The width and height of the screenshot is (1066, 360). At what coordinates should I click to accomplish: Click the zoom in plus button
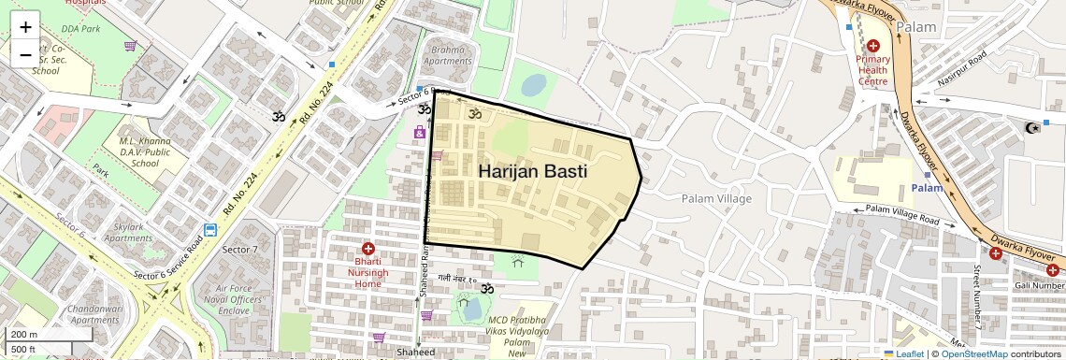click(x=25, y=27)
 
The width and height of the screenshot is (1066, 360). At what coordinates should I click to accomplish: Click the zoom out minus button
click(x=25, y=54)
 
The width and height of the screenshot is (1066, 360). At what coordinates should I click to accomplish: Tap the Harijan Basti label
click(x=532, y=172)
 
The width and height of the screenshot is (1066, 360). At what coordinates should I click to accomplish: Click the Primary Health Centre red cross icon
click(x=873, y=46)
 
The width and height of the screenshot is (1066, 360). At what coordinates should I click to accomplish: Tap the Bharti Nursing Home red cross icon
click(x=368, y=249)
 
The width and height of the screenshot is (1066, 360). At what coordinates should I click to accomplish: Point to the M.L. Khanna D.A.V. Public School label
click(x=145, y=151)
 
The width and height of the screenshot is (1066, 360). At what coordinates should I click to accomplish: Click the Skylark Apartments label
click(x=128, y=232)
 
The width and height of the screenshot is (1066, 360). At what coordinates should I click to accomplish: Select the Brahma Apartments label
click(x=448, y=55)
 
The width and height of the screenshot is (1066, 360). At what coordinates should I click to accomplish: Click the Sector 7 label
click(x=239, y=250)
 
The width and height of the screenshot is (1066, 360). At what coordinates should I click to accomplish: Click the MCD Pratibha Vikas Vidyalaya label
click(x=517, y=338)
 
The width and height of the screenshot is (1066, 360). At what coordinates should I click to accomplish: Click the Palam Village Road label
click(x=901, y=214)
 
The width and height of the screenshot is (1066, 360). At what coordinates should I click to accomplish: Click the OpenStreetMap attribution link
click(x=973, y=353)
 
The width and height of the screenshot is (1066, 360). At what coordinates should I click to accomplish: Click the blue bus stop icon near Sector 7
click(x=210, y=230)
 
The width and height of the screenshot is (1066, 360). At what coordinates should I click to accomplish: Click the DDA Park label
click(x=77, y=29)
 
